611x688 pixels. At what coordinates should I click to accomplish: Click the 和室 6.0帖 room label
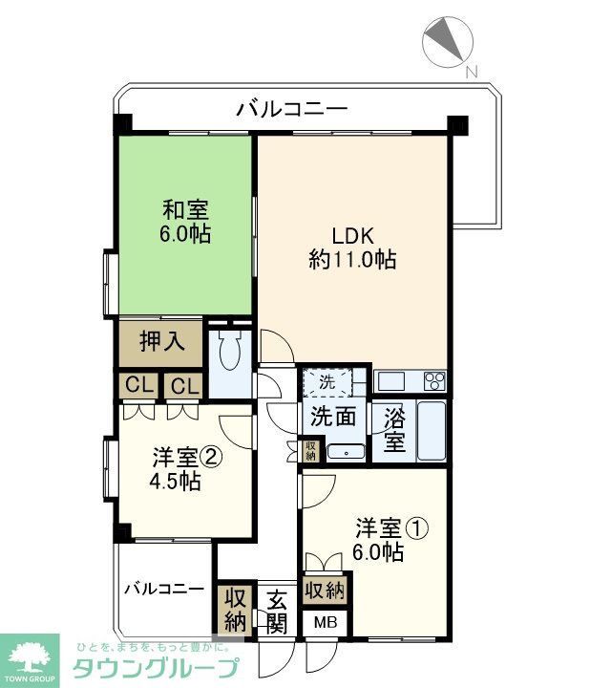[186, 221]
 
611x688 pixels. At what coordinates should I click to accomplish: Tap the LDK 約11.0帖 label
[351, 247]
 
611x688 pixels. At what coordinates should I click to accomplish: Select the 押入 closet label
[160, 342]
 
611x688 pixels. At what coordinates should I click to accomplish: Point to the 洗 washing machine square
[327, 381]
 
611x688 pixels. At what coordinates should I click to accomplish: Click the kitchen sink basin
[391, 381]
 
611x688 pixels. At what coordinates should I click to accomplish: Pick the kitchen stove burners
[434, 381]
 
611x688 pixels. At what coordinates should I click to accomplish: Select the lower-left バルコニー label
[164, 588]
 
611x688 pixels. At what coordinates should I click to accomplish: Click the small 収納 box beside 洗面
[311, 450]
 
